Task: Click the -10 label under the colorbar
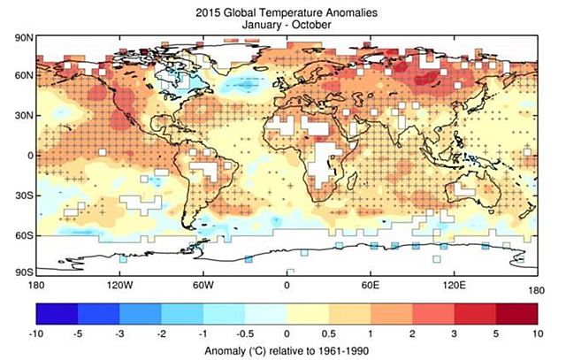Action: tap(36, 334)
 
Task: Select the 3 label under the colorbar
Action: tap(455, 334)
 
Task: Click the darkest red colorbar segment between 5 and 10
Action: tap(517, 315)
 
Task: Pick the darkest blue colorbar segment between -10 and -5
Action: tap(57, 315)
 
